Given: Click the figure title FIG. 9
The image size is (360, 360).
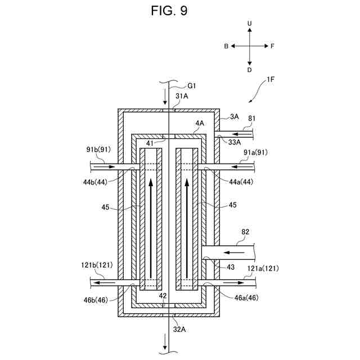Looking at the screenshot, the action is point(169,11).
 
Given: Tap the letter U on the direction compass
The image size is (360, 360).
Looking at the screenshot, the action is point(250,24).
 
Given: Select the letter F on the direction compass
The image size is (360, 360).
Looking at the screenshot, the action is point(272,46).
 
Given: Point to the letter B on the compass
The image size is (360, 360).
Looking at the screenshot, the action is point(226,46).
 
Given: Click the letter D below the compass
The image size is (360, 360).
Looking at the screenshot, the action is point(250,70).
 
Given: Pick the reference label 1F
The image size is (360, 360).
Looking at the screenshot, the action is point(271,79).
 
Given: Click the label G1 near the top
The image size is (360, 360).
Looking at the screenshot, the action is point(191,86).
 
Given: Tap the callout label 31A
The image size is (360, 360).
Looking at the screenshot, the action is point(182,96).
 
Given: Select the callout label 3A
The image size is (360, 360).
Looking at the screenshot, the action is point(234,116).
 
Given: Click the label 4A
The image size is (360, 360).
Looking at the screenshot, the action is point(200,123).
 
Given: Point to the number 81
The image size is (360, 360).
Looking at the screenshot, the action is point(252,118).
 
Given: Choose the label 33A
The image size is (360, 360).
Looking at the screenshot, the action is point(235,142).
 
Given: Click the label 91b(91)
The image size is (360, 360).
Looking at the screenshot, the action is point(98,150).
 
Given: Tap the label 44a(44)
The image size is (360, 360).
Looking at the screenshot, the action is point(241,182).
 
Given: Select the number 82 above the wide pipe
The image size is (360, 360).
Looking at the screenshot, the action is point(245,232).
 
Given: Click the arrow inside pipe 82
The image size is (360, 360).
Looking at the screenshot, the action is point(234,253).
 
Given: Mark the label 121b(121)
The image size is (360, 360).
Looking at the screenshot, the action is point(97,265).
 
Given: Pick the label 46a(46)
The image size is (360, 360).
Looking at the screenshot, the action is point(246,298).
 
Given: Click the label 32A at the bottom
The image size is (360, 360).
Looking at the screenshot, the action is point(179,330).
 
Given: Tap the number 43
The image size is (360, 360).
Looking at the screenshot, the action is point(231,267).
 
